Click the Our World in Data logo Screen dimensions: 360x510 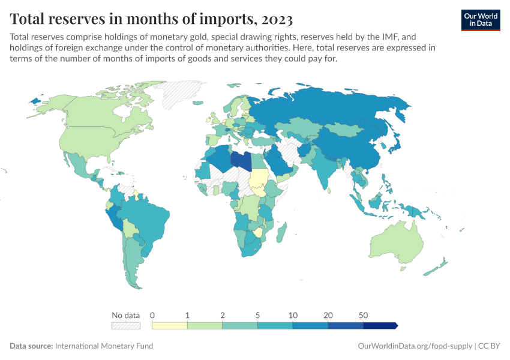point(481,20)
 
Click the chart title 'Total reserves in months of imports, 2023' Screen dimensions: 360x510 point(151,20)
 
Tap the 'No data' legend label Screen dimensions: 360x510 point(125,315)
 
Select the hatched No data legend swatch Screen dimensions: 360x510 point(125,325)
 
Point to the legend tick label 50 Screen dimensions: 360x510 point(363,315)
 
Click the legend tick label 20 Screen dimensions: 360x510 point(328,315)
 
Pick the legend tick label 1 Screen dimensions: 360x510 point(187,315)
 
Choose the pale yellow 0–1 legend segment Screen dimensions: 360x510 point(170,325)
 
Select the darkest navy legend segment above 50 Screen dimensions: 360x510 point(380,325)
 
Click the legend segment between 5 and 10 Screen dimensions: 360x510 point(275,325)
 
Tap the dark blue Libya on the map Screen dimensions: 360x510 point(241,161)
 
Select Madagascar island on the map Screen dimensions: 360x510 point(283,231)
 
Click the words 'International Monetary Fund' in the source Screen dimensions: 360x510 point(104,346)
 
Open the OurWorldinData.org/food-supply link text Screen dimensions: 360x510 point(414,346)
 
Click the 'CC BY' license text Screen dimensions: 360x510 point(489,346)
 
